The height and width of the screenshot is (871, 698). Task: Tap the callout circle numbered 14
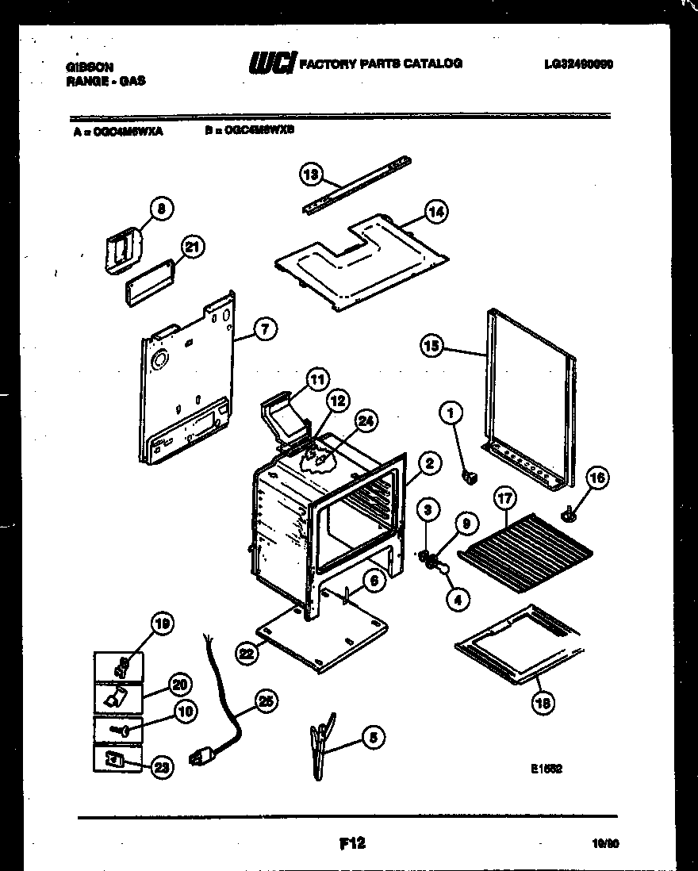(435, 212)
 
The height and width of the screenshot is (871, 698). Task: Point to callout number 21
(191, 247)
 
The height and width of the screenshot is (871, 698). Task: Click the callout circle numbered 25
(267, 699)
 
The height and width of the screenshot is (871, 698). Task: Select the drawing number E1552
(547, 768)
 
